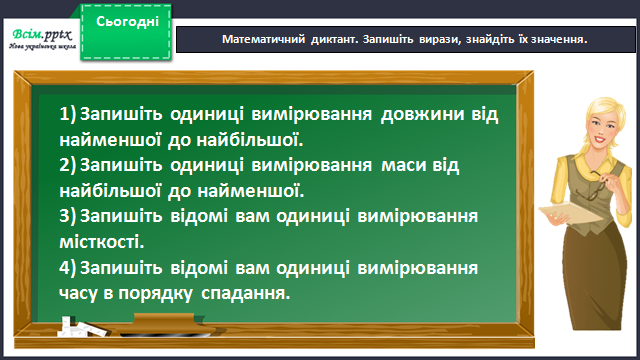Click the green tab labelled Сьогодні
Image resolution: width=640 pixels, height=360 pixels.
[x=126, y=32]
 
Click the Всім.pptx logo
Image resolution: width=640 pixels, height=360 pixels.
[x=42, y=39]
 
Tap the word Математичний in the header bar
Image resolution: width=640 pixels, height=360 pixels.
[x=263, y=39]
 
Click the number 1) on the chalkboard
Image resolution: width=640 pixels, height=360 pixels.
[x=68, y=114]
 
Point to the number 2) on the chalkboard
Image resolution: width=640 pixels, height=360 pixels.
[x=68, y=165]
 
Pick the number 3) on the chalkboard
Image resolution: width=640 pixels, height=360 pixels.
[x=68, y=216]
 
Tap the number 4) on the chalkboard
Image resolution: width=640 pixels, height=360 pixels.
[x=68, y=268]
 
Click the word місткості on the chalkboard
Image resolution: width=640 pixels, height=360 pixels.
[x=102, y=242]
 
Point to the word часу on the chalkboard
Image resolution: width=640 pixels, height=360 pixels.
[x=79, y=294]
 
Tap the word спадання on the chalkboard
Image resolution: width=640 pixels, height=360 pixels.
[x=246, y=294]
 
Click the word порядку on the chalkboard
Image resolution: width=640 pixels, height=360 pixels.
[x=156, y=294]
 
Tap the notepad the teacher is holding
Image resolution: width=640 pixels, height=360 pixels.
[x=571, y=213]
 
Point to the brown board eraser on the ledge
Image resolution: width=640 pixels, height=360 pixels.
[x=163, y=325]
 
